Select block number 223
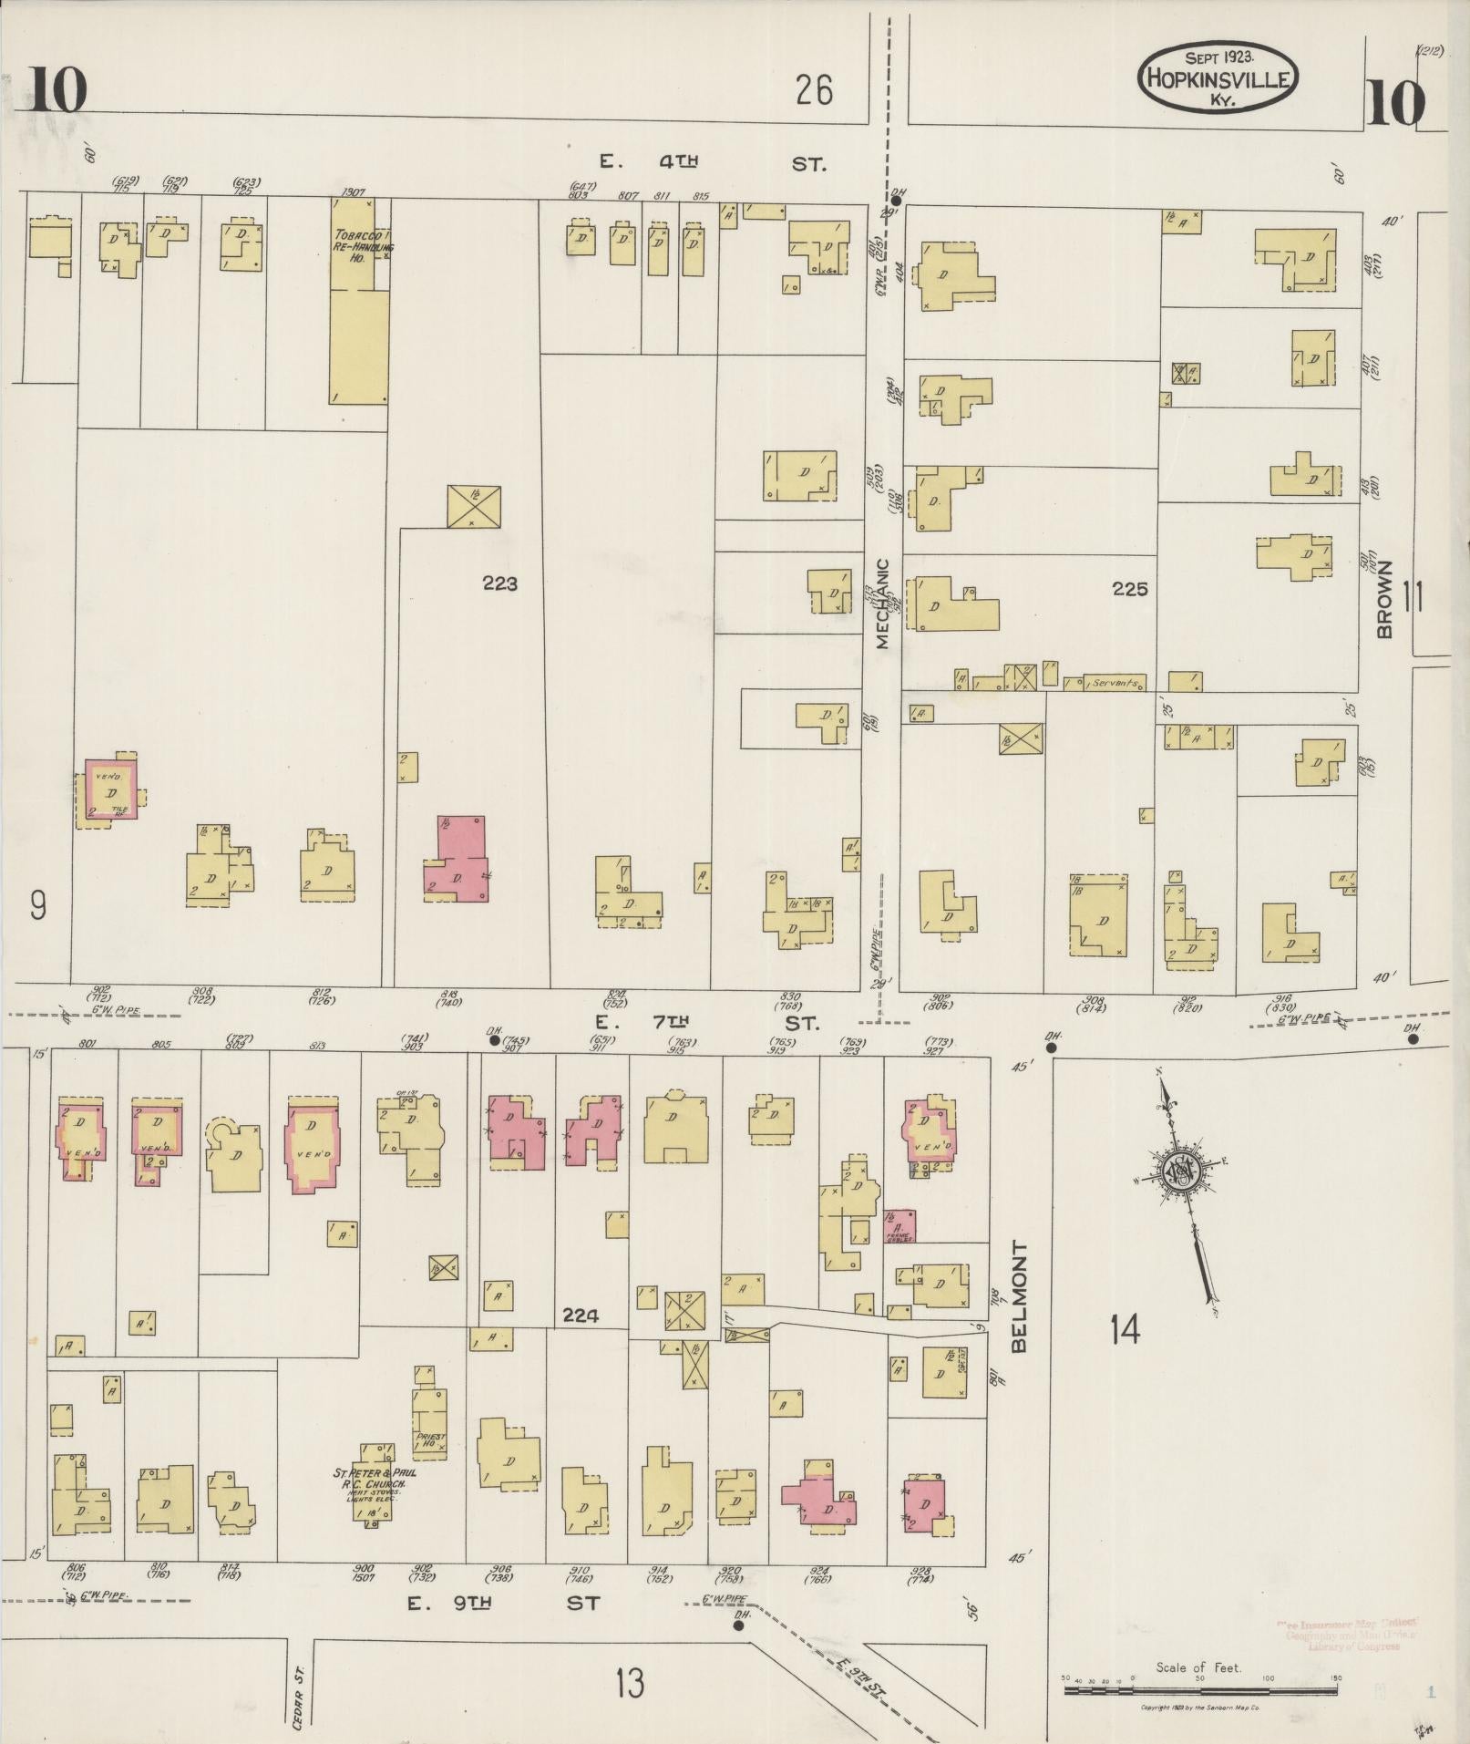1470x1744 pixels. (x=500, y=583)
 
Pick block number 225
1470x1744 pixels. (x=1129, y=590)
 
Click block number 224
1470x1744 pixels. (x=581, y=1316)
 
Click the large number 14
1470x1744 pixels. (x=1125, y=1330)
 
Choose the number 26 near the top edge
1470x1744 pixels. (x=813, y=90)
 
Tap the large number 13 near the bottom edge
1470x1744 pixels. (x=629, y=1682)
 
